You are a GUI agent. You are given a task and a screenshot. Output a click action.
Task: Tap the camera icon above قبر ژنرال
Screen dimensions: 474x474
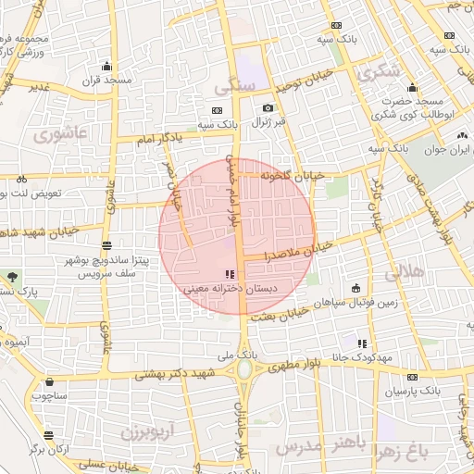[268, 108]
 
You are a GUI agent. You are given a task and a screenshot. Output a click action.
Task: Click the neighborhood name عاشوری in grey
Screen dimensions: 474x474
[59, 134]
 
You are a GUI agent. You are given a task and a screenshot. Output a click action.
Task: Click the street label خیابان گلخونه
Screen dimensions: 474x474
[292, 173]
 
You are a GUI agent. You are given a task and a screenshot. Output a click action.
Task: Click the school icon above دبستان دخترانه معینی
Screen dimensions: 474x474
[229, 274]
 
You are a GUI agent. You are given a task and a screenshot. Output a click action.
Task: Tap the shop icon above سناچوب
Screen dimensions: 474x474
[48, 381]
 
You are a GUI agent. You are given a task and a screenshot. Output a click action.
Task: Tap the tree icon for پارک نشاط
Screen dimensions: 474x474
[11, 277]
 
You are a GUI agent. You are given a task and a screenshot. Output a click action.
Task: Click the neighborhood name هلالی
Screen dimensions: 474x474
[404, 272]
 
